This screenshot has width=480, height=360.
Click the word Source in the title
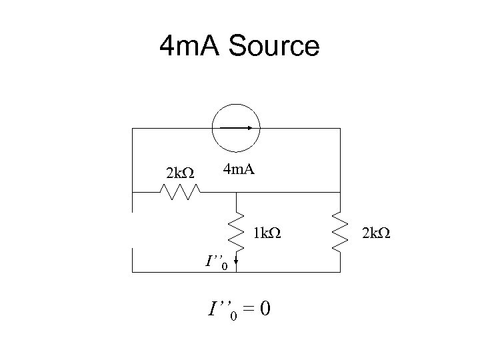[x=275, y=47]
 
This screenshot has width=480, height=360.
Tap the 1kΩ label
[x=267, y=234]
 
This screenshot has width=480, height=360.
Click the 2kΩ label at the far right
[x=376, y=234]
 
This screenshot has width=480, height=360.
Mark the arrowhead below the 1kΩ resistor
[x=235, y=268]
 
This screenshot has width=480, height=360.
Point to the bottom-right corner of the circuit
[x=340, y=273]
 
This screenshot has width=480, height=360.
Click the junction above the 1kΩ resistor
[x=235, y=192]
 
